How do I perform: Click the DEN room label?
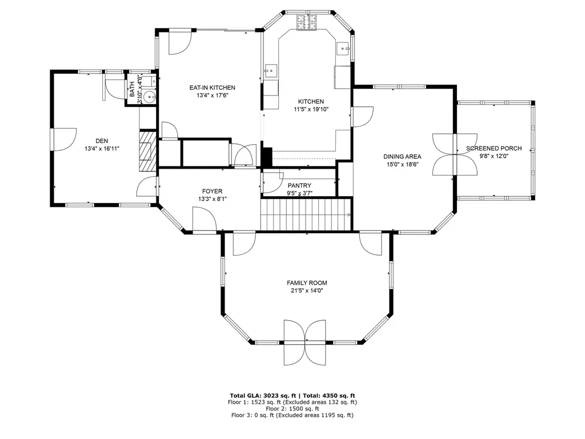(x=102, y=141)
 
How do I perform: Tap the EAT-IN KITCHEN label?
(x=213, y=87)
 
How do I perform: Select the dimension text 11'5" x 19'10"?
(x=311, y=109)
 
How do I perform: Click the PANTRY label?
(x=299, y=185)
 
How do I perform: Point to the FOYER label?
(x=212, y=191)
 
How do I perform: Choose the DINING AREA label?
(x=402, y=157)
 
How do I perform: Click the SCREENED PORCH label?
(x=494, y=149)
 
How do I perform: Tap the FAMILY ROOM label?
(x=307, y=283)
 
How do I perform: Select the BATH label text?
(x=132, y=89)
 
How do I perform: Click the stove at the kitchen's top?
(x=306, y=22)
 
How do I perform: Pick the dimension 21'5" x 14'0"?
(x=307, y=290)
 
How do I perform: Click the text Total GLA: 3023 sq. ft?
(x=261, y=396)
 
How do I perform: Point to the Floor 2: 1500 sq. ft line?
(x=292, y=409)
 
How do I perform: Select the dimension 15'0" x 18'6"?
(x=402, y=164)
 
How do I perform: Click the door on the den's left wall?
(x=63, y=139)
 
